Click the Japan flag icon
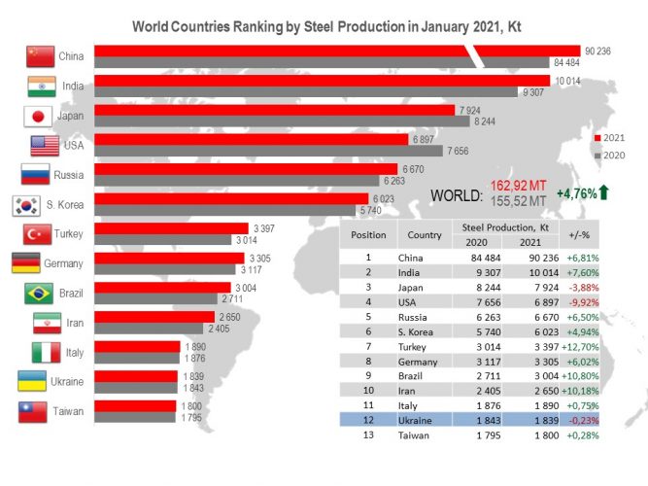pyautogui.click(x=36, y=117)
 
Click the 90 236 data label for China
pyautogui.click(x=597, y=51)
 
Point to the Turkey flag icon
pyautogui.click(x=36, y=234)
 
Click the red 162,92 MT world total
pyautogui.click(x=519, y=186)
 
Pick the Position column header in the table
pyautogui.click(x=368, y=234)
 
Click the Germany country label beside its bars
pyautogui.click(x=64, y=263)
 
